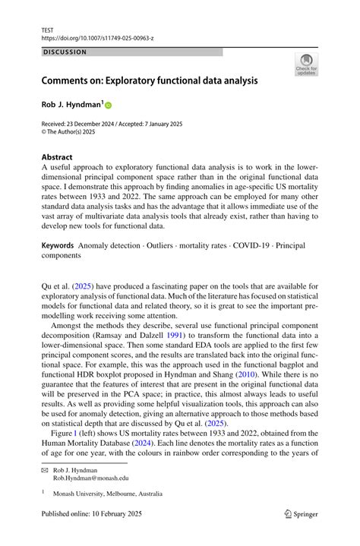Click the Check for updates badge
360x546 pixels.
306,65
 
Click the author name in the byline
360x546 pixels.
71,104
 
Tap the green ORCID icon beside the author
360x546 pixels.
108,105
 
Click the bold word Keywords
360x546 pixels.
58,224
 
